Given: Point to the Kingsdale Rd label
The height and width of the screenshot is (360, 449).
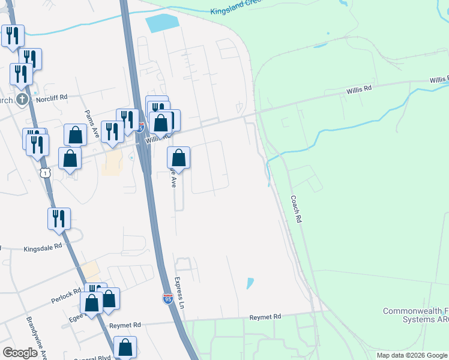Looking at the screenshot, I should coord(43,247).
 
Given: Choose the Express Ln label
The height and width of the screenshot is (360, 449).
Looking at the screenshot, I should coord(178,292).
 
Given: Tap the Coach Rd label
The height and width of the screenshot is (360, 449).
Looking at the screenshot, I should coord(295,209).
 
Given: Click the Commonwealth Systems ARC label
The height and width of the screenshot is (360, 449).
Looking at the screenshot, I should coord(415,315).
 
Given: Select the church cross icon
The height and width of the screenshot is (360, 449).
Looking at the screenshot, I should coord(22,99).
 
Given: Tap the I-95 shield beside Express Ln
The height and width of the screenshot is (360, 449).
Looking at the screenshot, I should coord(167,298).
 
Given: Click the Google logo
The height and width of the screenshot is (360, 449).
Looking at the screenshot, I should coord(20,353).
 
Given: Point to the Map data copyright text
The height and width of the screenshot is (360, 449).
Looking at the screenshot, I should coord(412,355).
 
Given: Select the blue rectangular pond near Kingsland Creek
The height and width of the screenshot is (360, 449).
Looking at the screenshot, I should coord(162,23).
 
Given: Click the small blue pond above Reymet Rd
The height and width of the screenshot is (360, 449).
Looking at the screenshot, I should coord(250,283).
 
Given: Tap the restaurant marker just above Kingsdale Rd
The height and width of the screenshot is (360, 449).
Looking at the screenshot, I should coord(59,219).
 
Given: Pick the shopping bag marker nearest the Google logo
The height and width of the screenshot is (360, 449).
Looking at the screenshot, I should coord(125,347).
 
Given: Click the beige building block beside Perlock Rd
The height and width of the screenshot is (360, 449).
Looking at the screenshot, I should coord(91,269).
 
